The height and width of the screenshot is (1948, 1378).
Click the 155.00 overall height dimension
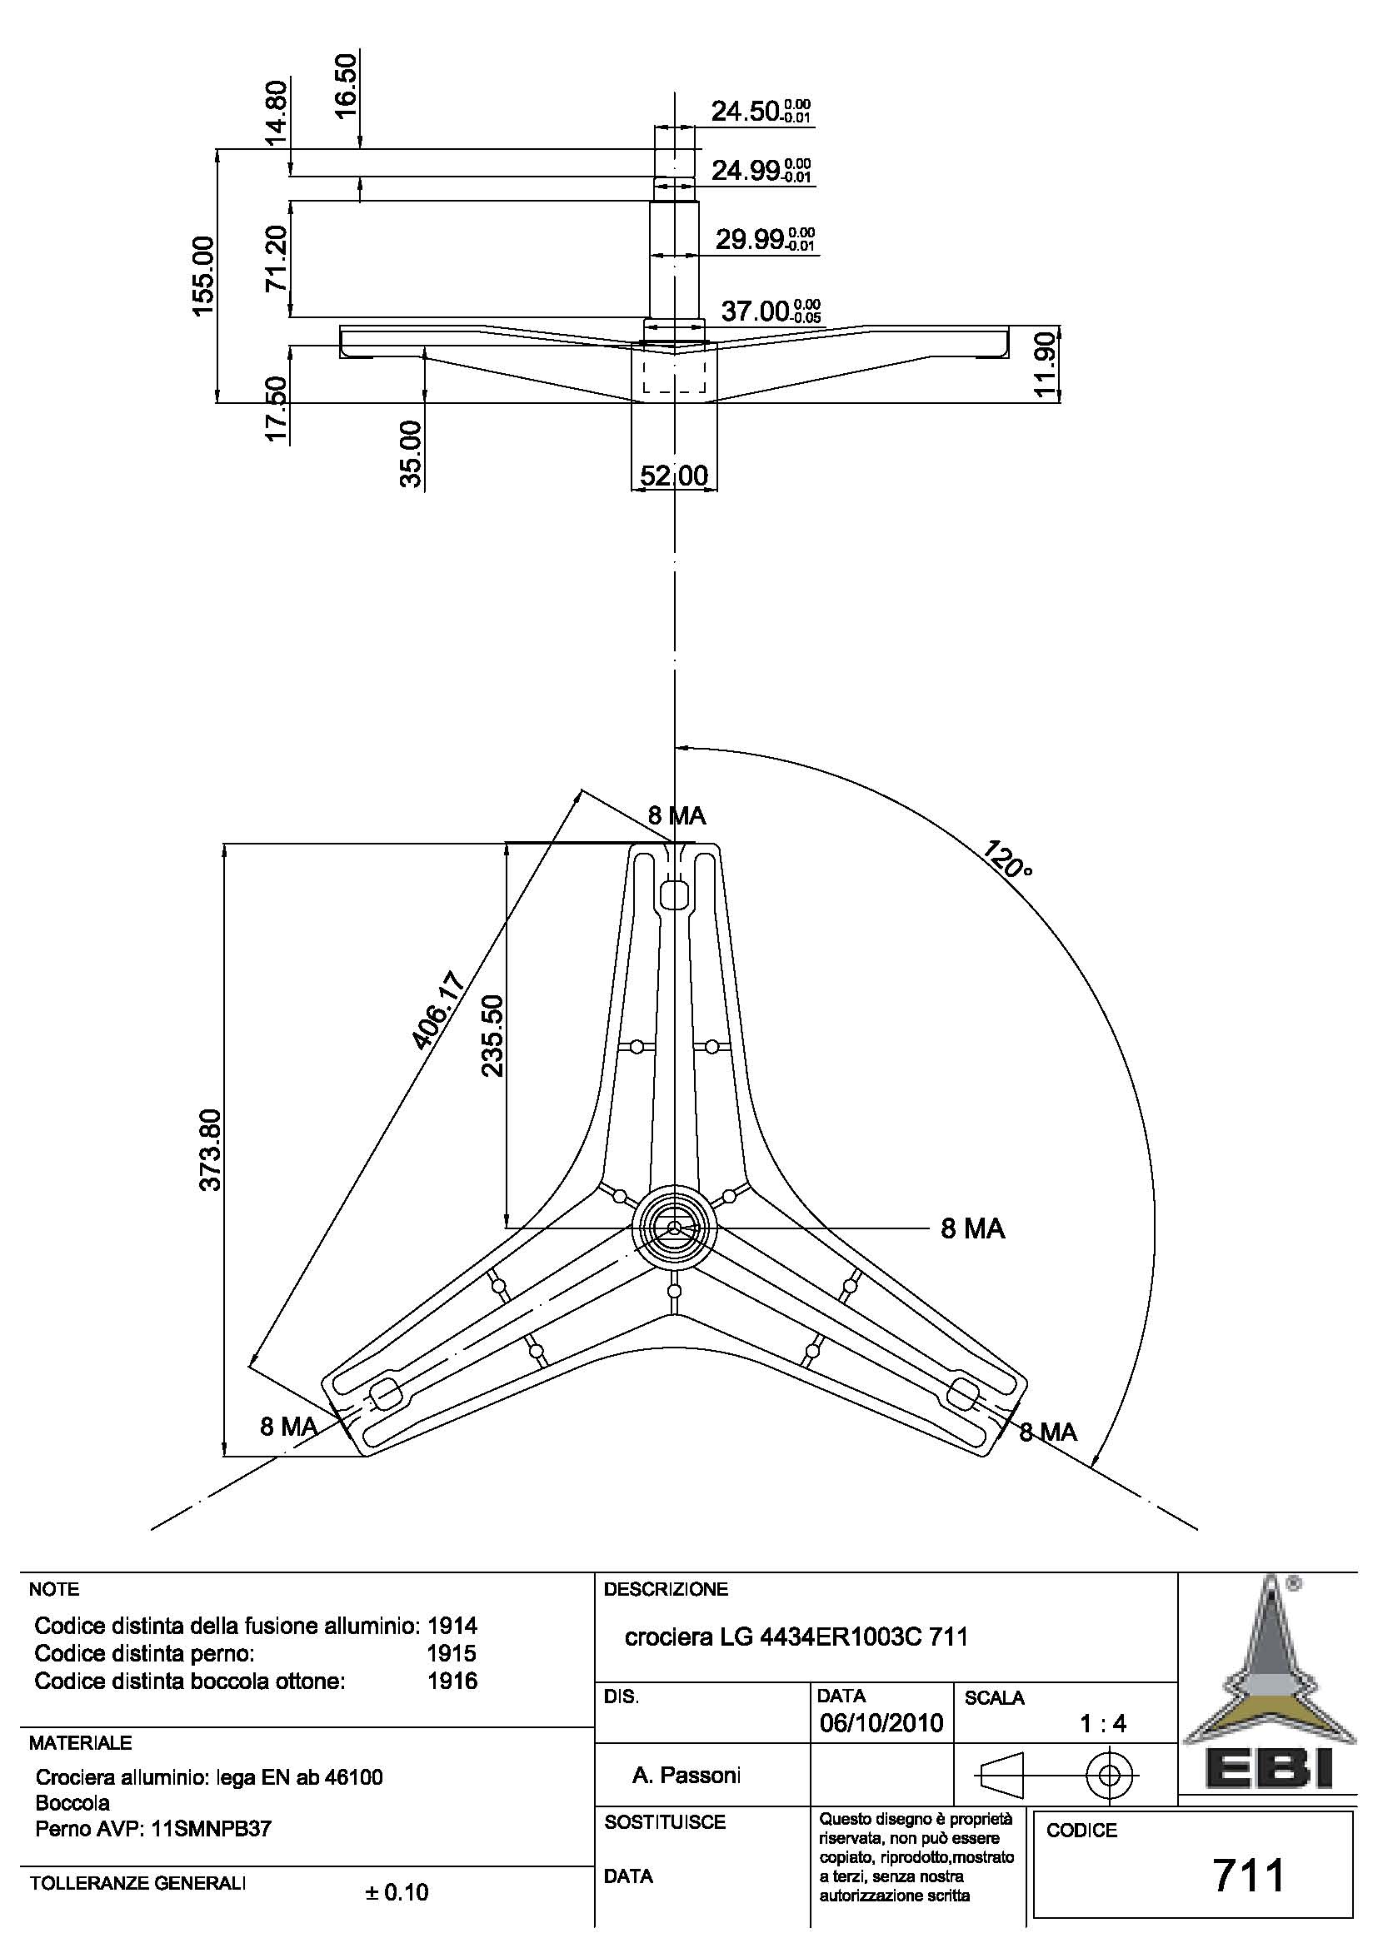click(x=203, y=276)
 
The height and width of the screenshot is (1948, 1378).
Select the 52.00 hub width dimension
click(x=674, y=476)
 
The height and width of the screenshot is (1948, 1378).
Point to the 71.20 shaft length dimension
click(x=277, y=259)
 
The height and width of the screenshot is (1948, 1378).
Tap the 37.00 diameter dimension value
click(x=755, y=311)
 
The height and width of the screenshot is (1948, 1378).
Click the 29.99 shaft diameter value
click(x=749, y=240)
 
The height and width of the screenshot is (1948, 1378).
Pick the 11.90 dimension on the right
click(x=1045, y=364)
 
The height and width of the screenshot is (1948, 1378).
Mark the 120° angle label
click(x=1008, y=859)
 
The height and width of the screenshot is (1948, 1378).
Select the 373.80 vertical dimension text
click(x=211, y=1149)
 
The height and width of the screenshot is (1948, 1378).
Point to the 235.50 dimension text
click(x=493, y=1036)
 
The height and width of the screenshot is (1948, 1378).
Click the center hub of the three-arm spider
click(x=674, y=1228)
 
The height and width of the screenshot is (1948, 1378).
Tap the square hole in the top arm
click(x=674, y=893)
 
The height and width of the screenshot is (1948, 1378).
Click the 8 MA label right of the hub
click(x=972, y=1228)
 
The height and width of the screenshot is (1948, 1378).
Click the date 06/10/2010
click(x=881, y=1723)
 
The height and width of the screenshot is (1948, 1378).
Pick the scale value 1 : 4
click(x=1102, y=1723)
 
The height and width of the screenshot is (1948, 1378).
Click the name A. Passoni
click(x=686, y=1775)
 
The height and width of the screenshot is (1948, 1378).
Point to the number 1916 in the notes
click(x=452, y=1681)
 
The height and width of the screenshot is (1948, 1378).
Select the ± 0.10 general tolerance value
click(x=397, y=1893)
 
